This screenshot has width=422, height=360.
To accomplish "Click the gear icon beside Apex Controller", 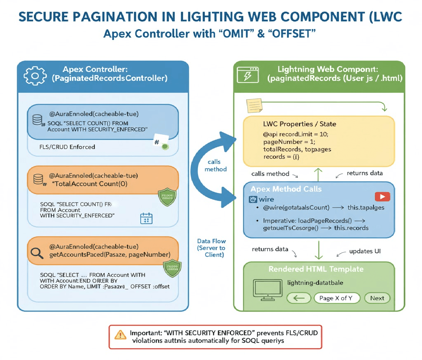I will tap(34, 76).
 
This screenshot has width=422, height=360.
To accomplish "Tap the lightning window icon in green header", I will tap(248, 75).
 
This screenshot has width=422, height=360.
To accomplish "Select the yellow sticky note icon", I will tap(254, 105).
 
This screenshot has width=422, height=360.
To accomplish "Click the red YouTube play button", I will tap(382, 197).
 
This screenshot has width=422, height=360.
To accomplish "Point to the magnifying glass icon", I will tap(37, 253).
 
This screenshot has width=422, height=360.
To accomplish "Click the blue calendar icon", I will tap(146, 218).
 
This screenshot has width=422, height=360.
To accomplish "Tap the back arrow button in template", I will tap(299, 298).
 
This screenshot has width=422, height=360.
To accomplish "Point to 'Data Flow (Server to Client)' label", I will tap(212, 248).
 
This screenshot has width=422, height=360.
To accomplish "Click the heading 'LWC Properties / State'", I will tap(299, 124).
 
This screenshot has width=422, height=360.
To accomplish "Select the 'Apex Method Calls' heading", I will tap(286, 189).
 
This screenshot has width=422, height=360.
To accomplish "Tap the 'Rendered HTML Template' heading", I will tap(316, 269).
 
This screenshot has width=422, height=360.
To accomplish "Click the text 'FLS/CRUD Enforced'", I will tap(67, 147).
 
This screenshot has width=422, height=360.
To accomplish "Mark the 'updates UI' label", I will tap(365, 251).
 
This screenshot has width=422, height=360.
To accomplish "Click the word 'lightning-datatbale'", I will tap(315, 283).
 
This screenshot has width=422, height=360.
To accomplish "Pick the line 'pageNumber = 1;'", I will tap(289, 142).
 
